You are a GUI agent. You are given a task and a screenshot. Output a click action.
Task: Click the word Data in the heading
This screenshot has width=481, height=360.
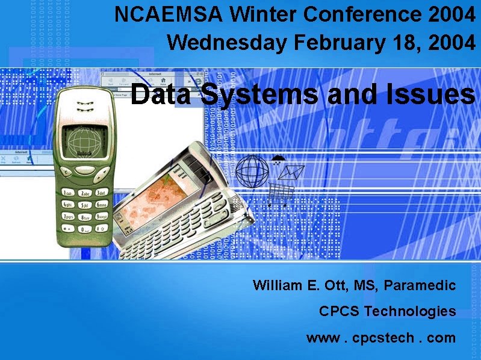tap(161, 95)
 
